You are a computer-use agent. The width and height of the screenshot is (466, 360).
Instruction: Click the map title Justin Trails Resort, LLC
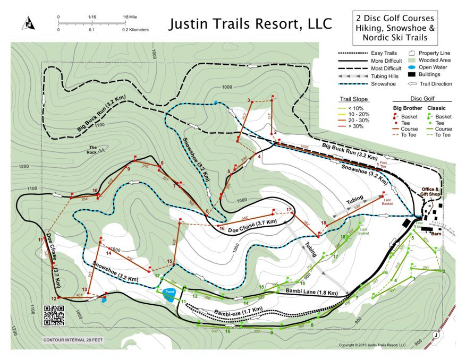pyautogui.click(x=250, y=24)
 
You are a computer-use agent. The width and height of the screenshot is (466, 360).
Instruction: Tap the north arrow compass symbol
pyautogui.click(x=27, y=23)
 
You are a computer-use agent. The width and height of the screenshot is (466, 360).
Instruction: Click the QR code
pyautogui.click(x=54, y=315)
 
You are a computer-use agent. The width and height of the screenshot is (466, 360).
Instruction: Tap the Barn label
pyautogui.click(x=436, y=233)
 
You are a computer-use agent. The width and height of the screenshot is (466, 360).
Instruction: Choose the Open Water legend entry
pyautogui.click(x=434, y=67)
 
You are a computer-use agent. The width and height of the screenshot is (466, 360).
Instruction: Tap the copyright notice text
pyautogui.click(x=372, y=345)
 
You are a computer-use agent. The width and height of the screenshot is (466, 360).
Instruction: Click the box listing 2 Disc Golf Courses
pyautogui.click(x=392, y=28)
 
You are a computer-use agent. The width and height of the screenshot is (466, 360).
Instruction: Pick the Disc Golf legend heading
pyautogui.click(x=422, y=98)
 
